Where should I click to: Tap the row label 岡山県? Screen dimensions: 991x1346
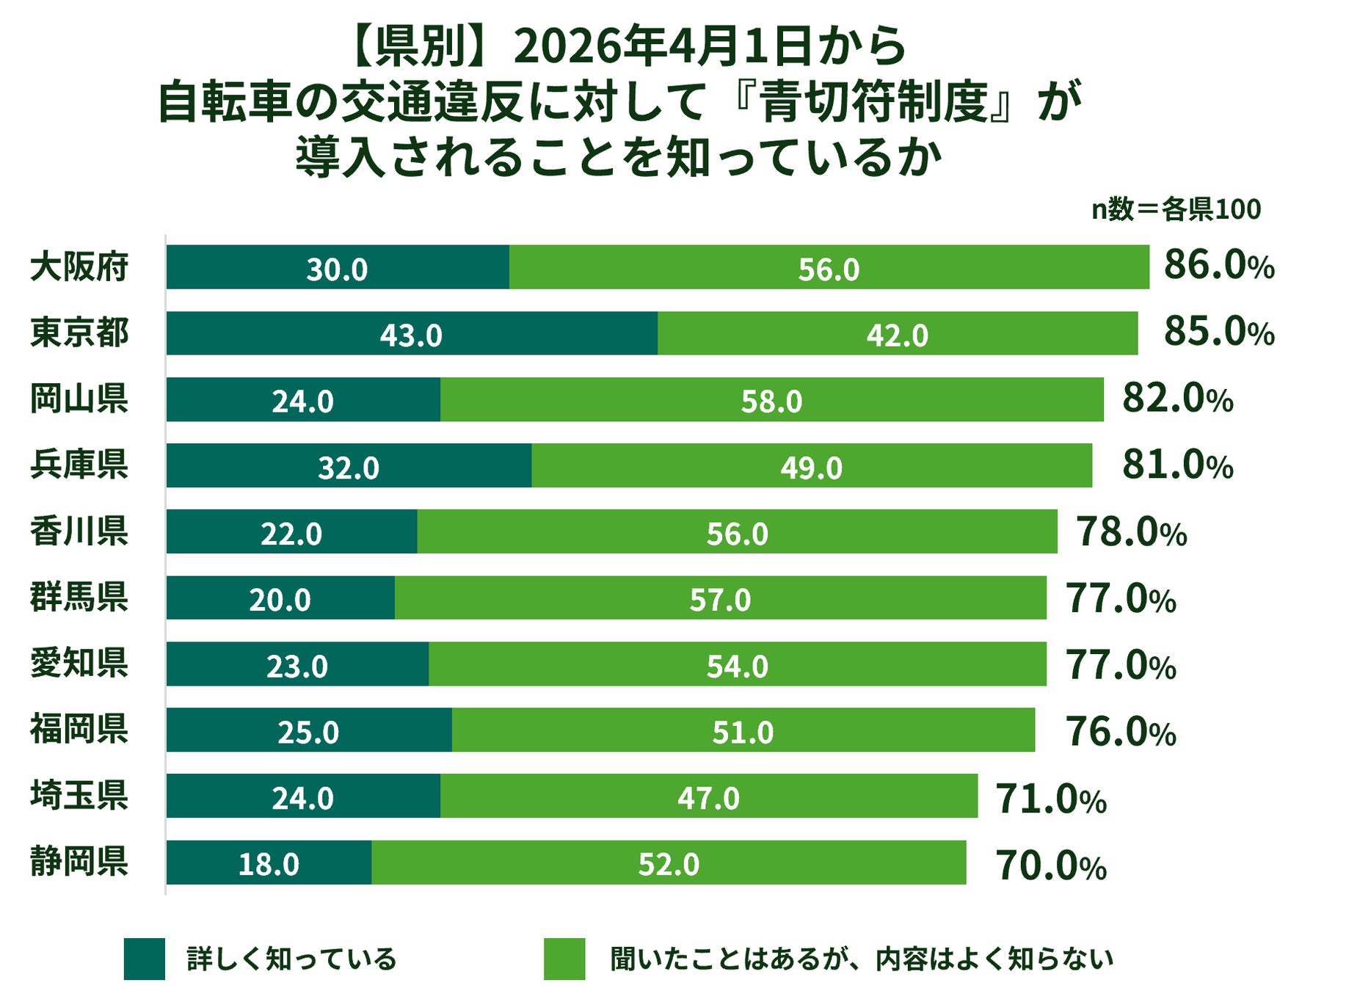(x=79, y=399)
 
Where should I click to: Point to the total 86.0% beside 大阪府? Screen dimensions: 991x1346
(x=1218, y=265)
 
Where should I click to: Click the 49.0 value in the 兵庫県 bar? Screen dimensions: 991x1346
(x=811, y=468)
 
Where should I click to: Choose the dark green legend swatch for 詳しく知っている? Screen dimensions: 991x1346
(x=144, y=959)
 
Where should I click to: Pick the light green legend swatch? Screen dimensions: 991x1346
(x=564, y=959)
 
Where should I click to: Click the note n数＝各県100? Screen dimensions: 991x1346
(x=1176, y=210)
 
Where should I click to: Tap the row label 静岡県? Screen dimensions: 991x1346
(x=79, y=861)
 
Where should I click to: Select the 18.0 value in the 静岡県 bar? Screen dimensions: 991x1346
(x=269, y=864)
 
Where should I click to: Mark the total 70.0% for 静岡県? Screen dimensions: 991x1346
(x=1050, y=865)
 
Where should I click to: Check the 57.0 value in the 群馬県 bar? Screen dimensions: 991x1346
(x=720, y=600)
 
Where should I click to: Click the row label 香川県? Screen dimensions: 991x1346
(x=79, y=531)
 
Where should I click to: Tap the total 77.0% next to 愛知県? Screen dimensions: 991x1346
(x=1120, y=665)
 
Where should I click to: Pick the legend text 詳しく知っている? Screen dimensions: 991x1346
(x=291, y=959)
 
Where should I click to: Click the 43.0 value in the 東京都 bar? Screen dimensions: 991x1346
(x=411, y=335)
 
